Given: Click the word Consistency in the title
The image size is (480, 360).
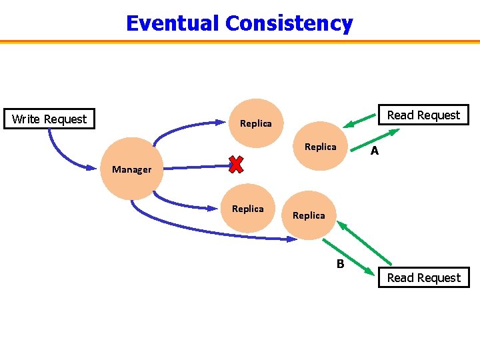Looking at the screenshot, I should [289, 23].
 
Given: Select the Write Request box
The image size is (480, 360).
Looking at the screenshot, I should [49, 119].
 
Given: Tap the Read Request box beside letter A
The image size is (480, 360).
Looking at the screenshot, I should [423, 115].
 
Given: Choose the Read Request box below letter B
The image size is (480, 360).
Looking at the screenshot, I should [423, 278].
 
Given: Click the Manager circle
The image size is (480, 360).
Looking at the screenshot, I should [131, 169].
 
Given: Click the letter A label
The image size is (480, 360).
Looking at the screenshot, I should [375, 151].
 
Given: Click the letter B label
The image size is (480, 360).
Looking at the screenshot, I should [340, 264].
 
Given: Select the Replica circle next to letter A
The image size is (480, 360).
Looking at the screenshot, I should [321, 147].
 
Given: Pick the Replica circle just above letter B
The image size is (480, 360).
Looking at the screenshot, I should [309, 215].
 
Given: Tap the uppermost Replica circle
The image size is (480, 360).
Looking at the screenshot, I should [256, 123].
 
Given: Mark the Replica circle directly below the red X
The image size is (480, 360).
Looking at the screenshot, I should [248, 209].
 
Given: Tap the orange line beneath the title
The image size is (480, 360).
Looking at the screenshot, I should [240, 41].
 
